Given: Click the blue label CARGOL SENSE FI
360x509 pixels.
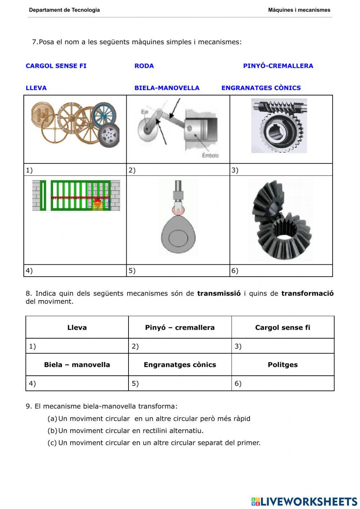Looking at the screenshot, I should (x=56, y=66).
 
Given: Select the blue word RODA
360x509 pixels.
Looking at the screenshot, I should (x=144, y=66).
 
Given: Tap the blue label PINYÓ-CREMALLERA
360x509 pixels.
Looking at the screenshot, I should (x=278, y=66).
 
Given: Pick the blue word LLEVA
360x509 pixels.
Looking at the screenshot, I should (x=36, y=88).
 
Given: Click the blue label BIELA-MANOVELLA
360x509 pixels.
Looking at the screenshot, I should (x=167, y=88).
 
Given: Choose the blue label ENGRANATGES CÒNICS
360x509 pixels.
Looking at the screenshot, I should (x=261, y=88).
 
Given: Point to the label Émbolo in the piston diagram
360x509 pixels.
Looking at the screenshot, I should (x=210, y=156).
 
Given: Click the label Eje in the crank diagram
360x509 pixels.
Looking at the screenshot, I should (x=144, y=112).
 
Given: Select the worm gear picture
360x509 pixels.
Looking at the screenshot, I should (x=279, y=126).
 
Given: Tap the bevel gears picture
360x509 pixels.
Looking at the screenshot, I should (x=281, y=220).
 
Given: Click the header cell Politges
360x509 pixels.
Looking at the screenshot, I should (x=283, y=365).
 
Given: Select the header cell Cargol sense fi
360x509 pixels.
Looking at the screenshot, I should (x=283, y=327).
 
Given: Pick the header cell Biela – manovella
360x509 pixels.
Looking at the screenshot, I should (x=77, y=365).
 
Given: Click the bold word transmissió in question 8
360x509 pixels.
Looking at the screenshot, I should (x=219, y=293).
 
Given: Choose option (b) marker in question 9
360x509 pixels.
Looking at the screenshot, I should (x=52, y=430).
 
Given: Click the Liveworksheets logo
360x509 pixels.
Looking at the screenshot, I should (x=304, y=501).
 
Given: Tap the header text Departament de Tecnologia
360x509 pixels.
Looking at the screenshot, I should (x=64, y=10).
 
